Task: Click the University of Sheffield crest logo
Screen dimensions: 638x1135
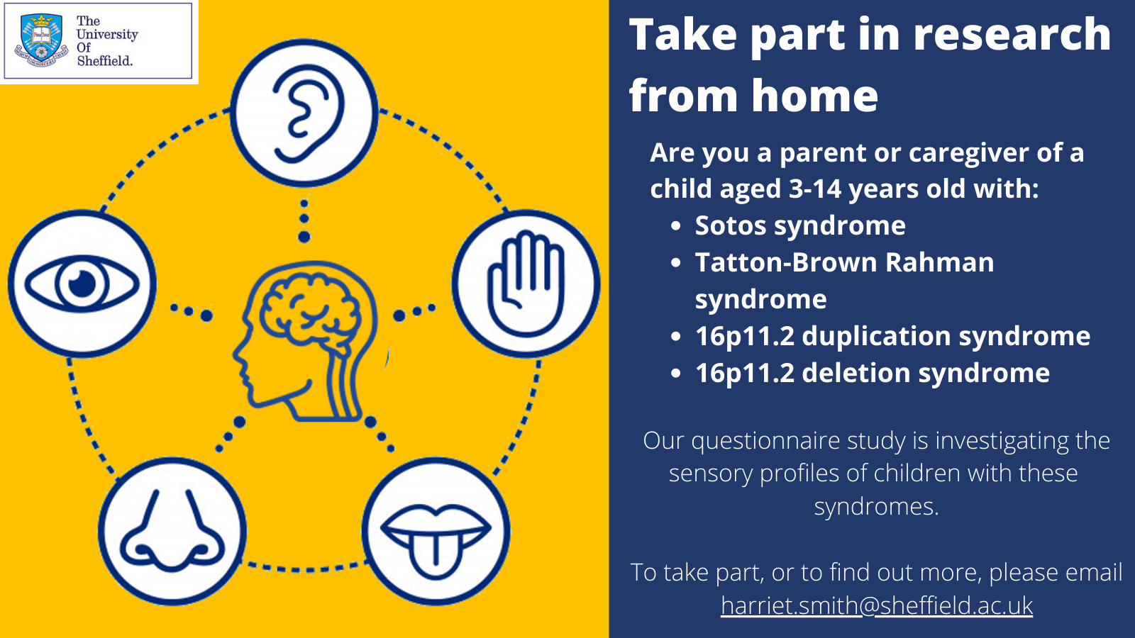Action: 41,40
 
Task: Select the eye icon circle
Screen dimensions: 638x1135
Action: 82,284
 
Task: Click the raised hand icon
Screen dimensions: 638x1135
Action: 526,284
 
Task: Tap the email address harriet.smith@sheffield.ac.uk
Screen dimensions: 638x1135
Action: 877,605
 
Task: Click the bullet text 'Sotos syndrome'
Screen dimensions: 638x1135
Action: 799,225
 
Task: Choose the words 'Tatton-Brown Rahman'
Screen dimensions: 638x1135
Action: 844,262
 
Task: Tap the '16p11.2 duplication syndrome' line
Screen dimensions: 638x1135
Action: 892,336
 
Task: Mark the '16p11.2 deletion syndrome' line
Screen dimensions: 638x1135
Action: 872,373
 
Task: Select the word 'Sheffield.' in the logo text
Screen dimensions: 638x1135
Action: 105,61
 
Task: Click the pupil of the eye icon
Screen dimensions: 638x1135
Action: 82,284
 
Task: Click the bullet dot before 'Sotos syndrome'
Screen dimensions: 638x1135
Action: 676,226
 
